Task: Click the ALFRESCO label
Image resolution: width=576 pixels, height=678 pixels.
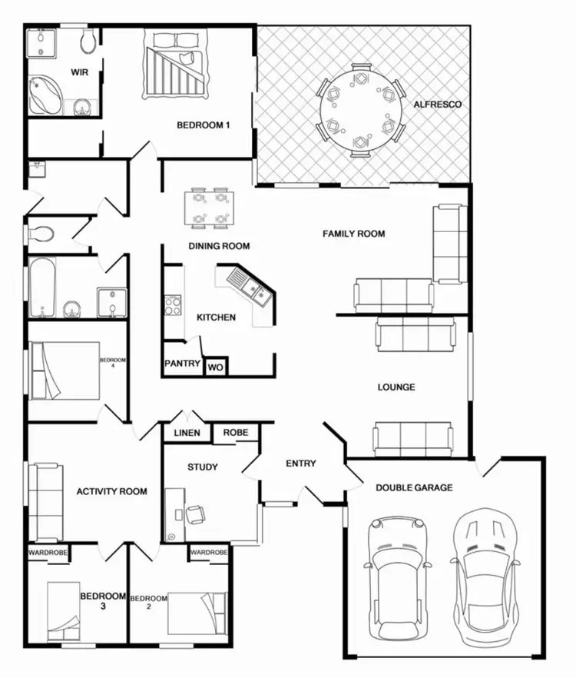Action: pyautogui.click(x=437, y=104)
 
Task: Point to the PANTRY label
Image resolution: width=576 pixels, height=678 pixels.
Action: pyautogui.click(x=183, y=364)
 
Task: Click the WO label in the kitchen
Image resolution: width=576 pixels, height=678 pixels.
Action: pyautogui.click(x=216, y=368)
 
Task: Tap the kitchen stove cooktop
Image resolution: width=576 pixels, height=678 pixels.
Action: pyautogui.click(x=171, y=306)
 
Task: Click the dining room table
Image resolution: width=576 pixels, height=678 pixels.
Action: pyautogui.click(x=210, y=208)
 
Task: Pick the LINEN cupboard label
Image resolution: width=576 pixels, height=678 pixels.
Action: pyautogui.click(x=187, y=433)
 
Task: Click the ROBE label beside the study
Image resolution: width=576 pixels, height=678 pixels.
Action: pyautogui.click(x=236, y=433)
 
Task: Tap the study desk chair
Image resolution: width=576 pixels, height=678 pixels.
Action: pyautogui.click(x=195, y=513)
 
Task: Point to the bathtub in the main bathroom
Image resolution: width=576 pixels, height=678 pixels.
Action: pyautogui.click(x=42, y=287)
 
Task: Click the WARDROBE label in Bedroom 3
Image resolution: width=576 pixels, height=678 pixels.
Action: pyautogui.click(x=48, y=553)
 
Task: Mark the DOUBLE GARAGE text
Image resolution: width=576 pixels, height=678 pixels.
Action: pyautogui.click(x=414, y=487)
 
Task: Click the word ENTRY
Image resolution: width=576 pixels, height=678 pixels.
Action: pyautogui.click(x=300, y=464)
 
